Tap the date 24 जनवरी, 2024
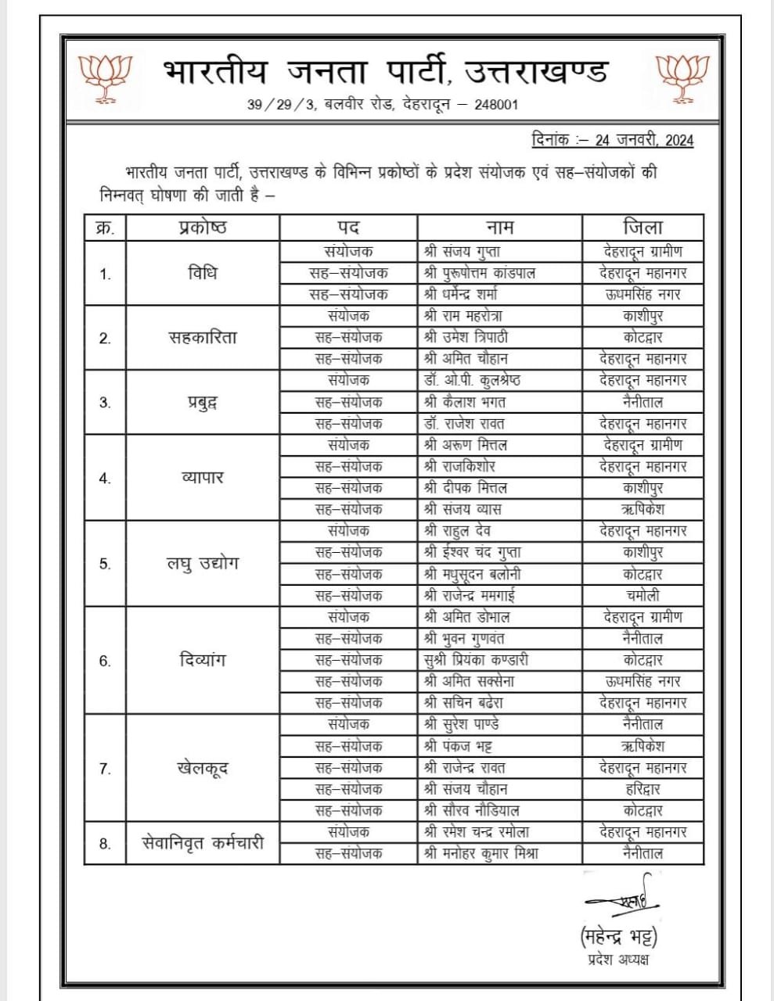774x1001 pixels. (644, 141)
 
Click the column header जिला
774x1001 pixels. (643, 228)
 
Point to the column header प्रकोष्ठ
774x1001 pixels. (202, 228)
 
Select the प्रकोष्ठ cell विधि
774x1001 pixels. (202, 274)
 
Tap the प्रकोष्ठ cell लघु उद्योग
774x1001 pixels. (202, 563)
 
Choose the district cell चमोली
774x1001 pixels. (643, 595)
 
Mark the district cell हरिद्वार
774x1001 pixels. (643, 789)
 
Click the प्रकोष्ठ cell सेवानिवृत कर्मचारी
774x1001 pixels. (202, 843)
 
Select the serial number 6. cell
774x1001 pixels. (105, 661)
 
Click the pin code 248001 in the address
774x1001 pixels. (493, 105)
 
